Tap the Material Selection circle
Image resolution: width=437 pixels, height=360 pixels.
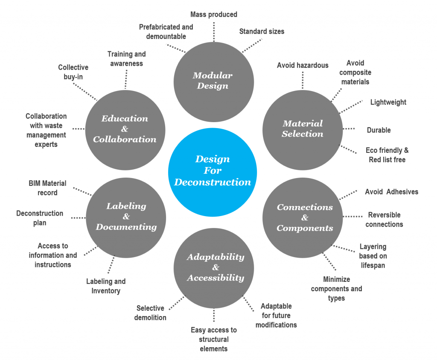point(303,129)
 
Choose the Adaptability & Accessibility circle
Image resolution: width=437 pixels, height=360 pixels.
point(215,267)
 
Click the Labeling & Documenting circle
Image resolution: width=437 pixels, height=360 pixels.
point(126,217)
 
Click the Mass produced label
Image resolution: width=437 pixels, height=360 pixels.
point(213,15)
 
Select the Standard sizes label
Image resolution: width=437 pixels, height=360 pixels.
point(262,31)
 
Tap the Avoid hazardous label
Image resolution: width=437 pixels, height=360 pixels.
point(303,65)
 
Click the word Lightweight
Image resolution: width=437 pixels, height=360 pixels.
point(388,102)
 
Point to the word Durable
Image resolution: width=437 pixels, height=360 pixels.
point(379,130)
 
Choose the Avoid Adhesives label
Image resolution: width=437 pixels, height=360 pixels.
point(391,192)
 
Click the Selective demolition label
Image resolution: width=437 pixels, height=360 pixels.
point(150,313)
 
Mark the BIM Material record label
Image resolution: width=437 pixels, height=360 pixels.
point(47,188)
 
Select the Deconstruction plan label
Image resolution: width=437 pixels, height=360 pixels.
point(40,218)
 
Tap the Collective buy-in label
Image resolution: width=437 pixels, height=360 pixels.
point(73,72)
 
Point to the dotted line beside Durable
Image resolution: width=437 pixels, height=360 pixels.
point(350,129)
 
